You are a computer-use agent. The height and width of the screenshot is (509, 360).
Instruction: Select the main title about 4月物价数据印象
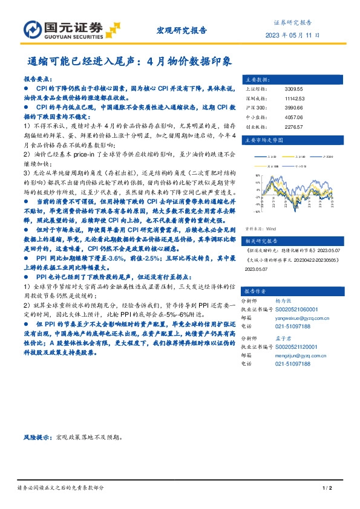point(130,62)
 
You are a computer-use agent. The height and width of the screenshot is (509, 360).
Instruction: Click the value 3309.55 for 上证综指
point(277,89)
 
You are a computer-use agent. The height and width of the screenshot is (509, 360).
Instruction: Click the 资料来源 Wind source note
point(260,229)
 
